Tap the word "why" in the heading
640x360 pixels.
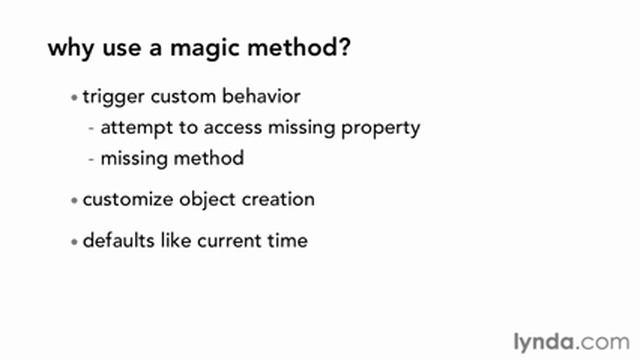pyautogui.click(x=71, y=50)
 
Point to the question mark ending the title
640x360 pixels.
pyautogui.click(x=344, y=49)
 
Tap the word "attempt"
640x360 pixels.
pyautogui.click(x=132, y=128)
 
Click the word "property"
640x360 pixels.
pyautogui.click(x=380, y=129)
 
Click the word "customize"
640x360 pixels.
pyautogui.click(x=125, y=199)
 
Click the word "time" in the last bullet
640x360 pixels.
pyautogui.click(x=286, y=241)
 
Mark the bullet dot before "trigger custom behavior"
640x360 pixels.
pyautogui.click(x=73, y=99)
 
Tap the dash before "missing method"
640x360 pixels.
pyautogui.click(x=92, y=158)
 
